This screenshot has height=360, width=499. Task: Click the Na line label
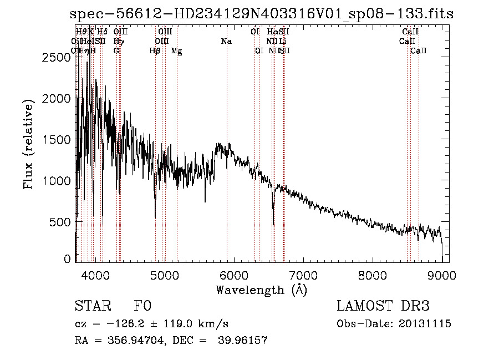click(226, 41)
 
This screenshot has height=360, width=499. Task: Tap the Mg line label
click(176, 50)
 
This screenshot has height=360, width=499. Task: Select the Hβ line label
click(155, 50)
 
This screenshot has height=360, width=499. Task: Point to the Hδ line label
click(102, 32)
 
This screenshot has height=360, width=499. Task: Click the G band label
click(116, 50)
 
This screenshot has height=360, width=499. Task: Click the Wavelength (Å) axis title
click(261, 290)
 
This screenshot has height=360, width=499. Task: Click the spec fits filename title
click(262, 14)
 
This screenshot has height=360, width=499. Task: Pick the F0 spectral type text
click(143, 306)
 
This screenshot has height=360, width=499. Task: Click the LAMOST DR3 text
click(383, 306)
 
